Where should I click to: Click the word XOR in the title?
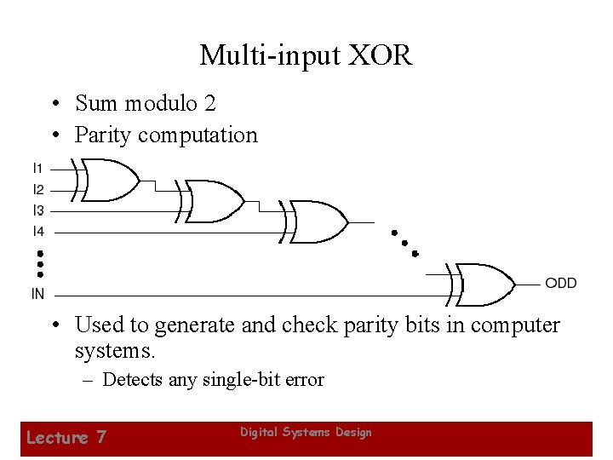point(378,56)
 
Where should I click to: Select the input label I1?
point(39,169)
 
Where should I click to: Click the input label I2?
point(39,189)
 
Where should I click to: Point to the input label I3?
point(39,210)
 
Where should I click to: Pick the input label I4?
point(39,231)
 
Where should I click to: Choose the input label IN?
point(38,294)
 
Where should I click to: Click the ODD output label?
point(560,284)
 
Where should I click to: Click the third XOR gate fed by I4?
point(318,221)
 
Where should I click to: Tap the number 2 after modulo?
point(209,104)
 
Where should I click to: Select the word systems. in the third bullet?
point(111,350)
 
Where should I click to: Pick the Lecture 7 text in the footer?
point(66,437)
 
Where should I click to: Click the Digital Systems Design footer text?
point(306,433)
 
